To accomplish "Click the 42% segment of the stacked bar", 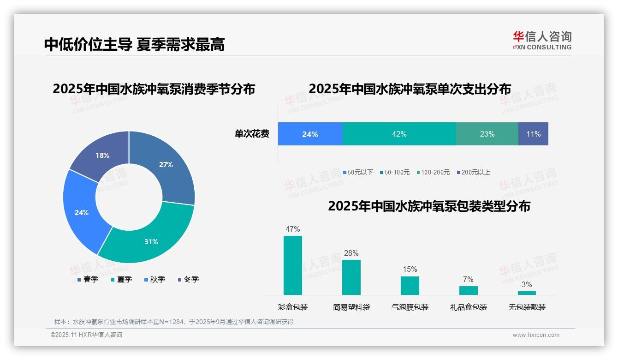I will pyautogui.click(x=399, y=134).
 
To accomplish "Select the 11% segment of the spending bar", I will pyautogui.click(x=533, y=134).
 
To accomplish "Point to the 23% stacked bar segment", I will pyautogui.click(x=487, y=134).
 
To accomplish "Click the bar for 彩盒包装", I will pyautogui.click(x=293, y=265).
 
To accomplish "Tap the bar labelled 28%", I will pyautogui.click(x=351, y=277).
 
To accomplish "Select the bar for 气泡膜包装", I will pyautogui.click(x=410, y=286).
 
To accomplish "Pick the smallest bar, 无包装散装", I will pyautogui.click(x=527, y=293).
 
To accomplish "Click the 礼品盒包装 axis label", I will pyautogui.click(x=469, y=307).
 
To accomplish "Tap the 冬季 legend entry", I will pyautogui.click(x=188, y=279).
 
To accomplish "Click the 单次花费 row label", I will pyautogui.click(x=252, y=134).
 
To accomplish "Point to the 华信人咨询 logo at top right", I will pyautogui.click(x=542, y=40).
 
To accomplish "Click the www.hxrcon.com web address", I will pyautogui.click(x=536, y=335).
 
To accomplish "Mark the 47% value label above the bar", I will pyautogui.click(x=293, y=229).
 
